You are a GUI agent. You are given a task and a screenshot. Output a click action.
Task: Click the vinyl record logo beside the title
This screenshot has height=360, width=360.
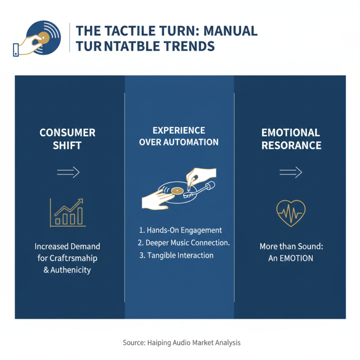click(x=43, y=38)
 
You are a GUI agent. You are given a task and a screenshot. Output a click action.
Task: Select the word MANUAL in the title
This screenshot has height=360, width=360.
click(x=230, y=31)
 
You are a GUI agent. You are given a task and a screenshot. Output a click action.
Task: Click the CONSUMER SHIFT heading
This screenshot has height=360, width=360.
click(x=67, y=139)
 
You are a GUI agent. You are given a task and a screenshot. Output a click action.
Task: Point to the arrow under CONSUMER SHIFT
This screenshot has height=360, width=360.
click(x=68, y=172)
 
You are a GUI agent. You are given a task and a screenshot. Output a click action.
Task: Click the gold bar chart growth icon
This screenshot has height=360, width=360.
click(x=68, y=213)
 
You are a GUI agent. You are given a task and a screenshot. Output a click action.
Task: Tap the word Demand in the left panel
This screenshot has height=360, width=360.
click(x=85, y=246)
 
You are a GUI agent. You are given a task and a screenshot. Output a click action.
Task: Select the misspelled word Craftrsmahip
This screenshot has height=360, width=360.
click(x=73, y=258)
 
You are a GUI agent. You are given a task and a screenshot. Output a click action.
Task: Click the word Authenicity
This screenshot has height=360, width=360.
click(x=71, y=270)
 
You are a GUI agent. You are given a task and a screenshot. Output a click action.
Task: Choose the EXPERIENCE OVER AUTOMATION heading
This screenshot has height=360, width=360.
click(x=179, y=136)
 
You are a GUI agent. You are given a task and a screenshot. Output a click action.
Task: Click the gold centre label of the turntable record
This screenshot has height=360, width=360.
click(x=177, y=191)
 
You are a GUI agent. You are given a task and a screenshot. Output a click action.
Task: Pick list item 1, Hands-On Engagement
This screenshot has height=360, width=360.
click(x=180, y=230)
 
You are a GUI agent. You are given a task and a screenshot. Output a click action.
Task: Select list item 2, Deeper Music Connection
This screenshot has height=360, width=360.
click(x=184, y=243)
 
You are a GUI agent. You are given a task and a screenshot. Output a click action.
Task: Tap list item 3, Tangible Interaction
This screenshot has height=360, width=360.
click(x=176, y=255)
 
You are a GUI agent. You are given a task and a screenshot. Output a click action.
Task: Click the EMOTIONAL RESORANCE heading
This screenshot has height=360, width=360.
click(x=291, y=139)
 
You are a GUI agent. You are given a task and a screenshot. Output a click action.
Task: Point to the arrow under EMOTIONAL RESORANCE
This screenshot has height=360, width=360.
click(x=291, y=172)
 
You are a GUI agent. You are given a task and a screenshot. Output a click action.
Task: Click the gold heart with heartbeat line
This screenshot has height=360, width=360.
click(x=291, y=213)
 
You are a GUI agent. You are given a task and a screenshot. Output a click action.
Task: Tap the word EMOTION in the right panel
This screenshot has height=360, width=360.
click(x=296, y=258)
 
